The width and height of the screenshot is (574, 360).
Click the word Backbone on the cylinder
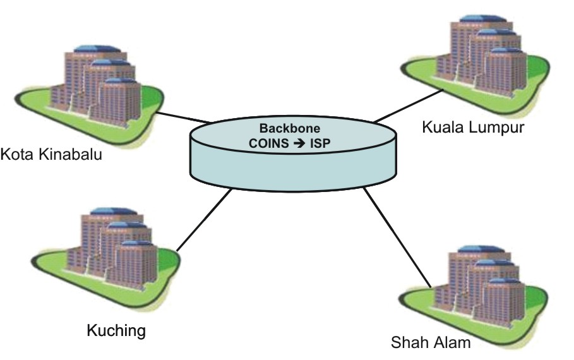(290, 128)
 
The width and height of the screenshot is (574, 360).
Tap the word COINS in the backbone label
(269, 143)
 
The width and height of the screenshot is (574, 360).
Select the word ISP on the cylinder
(320, 143)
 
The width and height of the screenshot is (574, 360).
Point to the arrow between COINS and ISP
(299, 143)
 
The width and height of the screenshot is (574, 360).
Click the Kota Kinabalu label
(51, 154)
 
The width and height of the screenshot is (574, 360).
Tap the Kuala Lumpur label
(473, 127)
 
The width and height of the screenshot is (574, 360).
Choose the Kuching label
(116, 330)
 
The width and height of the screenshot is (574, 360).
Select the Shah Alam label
(431, 342)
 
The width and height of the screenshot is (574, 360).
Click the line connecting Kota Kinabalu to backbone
(184, 117)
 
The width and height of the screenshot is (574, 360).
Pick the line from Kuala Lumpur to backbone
(408, 105)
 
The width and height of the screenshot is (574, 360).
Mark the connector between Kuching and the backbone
(204, 220)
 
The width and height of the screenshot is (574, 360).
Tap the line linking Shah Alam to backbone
(397, 237)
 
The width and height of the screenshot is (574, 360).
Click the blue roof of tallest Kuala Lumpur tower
(481, 19)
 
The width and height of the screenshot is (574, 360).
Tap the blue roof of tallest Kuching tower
(113, 212)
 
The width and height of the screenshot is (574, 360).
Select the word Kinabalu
(71, 154)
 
